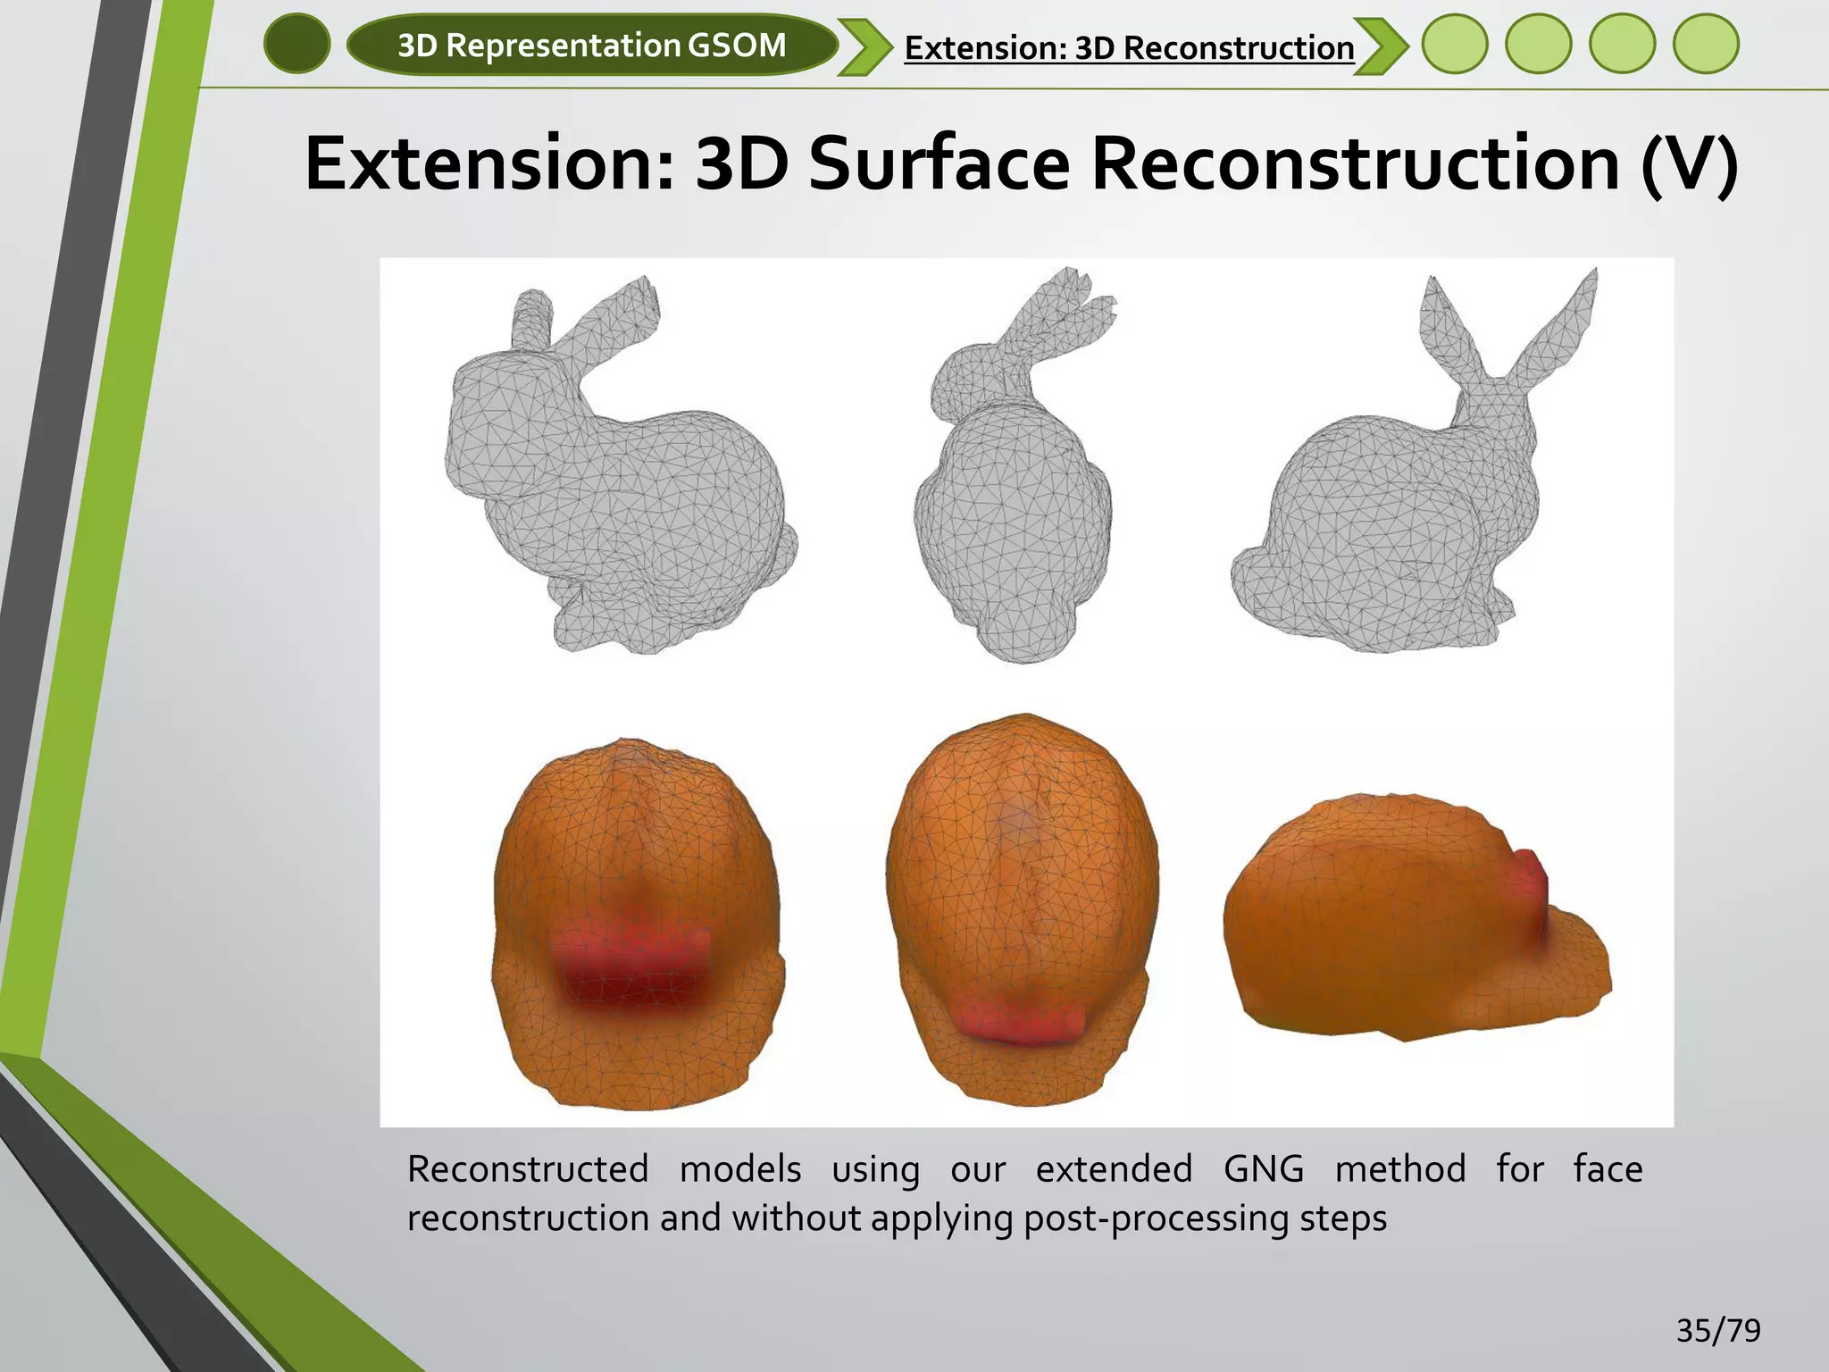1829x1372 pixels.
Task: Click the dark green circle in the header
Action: [x=297, y=45]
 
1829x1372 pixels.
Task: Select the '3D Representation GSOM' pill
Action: [x=591, y=45]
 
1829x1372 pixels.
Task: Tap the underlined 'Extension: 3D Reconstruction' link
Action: [x=1129, y=47]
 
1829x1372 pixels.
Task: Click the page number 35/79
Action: [x=1718, y=1331]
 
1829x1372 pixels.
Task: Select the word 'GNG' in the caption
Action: [x=1263, y=1169]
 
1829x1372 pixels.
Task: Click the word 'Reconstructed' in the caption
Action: [x=528, y=1169]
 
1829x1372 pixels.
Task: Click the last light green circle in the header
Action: [x=1706, y=44]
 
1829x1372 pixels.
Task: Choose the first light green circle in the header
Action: [x=1455, y=44]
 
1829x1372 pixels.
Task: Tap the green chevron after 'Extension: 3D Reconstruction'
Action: [x=1381, y=46]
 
